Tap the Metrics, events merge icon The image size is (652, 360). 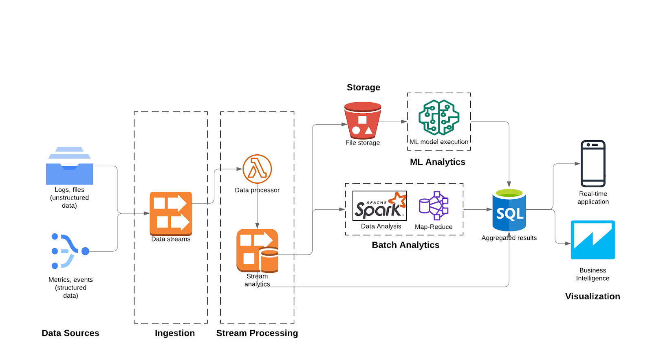[x=69, y=251]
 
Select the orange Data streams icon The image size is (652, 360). [x=171, y=213]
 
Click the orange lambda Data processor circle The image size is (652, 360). [x=257, y=169]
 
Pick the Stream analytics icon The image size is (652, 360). [x=257, y=250]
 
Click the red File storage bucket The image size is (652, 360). [x=362, y=121]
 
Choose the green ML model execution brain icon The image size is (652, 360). [x=439, y=117]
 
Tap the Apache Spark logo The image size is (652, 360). [x=379, y=206]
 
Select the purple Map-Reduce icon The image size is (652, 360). [x=434, y=206]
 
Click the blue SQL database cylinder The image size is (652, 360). [x=509, y=210]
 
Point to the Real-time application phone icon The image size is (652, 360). [x=593, y=164]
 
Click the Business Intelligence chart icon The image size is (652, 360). [x=593, y=240]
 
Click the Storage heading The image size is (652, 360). [x=363, y=88]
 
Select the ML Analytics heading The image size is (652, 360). [x=437, y=162]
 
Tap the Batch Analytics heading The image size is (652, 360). [x=405, y=245]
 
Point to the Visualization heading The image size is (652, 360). [x=593, y=296]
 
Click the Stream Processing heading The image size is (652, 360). [x=257, y=333]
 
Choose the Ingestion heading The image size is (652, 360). [x=175, y=333]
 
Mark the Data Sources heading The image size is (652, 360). [x=70, y=333]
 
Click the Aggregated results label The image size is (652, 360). [x=509, y=238]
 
